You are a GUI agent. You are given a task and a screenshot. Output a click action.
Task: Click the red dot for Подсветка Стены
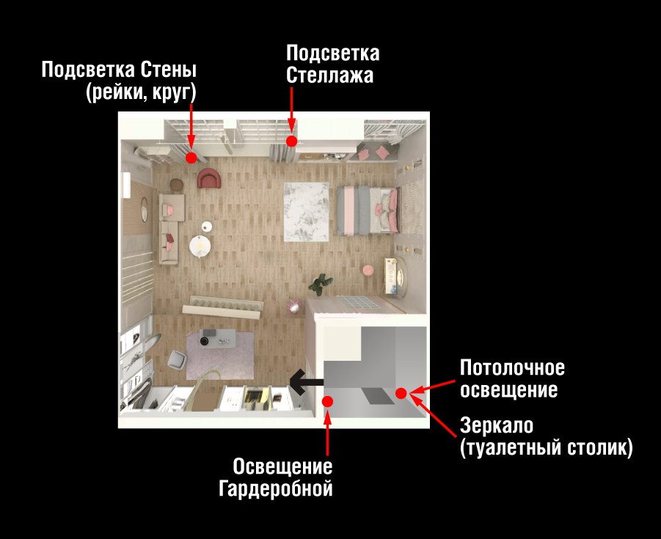[191, 158]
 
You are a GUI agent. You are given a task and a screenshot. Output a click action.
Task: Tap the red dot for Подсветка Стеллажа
[292, 141]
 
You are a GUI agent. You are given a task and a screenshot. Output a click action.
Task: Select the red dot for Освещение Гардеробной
[327, 401]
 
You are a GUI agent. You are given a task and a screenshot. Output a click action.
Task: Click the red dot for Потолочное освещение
[401, 393]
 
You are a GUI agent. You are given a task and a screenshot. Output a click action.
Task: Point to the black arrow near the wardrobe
[307, 382]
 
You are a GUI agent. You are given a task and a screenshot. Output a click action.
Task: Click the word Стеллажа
[329, 76]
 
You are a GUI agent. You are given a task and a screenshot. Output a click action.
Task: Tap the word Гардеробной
[276, 489]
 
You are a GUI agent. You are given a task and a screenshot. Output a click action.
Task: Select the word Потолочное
[512, 368]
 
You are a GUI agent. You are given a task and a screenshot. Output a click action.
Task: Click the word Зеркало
[497, 425]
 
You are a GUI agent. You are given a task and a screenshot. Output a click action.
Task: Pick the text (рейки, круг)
[141, 92]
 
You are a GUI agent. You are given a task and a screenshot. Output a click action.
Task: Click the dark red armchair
[209, 178]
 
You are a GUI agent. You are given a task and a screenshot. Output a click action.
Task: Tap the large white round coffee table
[200, 246]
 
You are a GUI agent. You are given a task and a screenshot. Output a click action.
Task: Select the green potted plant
[321, 284]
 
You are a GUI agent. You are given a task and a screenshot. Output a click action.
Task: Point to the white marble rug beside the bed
[306, 211]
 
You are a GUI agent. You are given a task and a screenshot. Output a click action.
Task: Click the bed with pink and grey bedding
[368, 210]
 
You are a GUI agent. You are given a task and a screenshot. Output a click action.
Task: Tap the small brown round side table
[177, 185]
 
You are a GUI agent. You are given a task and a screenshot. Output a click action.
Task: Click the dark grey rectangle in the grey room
[378, 397]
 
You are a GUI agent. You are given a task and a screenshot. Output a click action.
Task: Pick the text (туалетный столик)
[547, 448]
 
